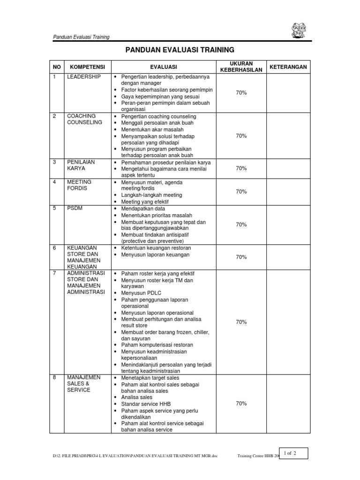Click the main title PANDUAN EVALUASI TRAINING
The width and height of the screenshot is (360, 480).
pos(180,50)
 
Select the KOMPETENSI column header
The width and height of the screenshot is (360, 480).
pos(85,67)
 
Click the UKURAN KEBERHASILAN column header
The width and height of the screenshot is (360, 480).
pos(241,67)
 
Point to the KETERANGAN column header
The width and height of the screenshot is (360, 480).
pos(288,67)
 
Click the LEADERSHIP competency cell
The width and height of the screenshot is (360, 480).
pos(84,76)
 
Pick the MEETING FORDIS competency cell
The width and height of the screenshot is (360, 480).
pos(80,185)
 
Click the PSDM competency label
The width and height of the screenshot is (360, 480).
pos(75,208)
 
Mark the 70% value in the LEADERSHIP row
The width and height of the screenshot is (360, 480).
pos(241,93)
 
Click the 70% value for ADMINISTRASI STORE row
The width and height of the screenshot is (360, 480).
pos(241,322)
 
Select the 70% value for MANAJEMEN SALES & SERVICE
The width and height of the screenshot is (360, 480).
pos(241,403)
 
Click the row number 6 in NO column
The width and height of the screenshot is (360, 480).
pos(54,247)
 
